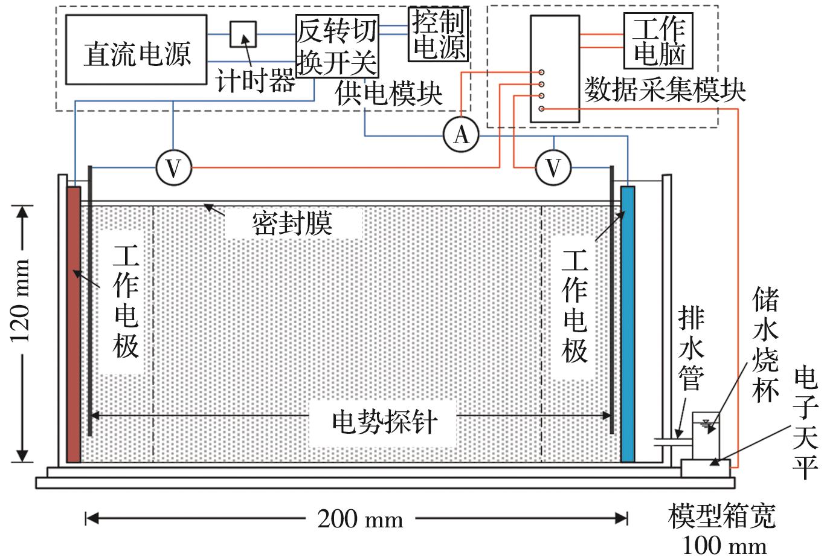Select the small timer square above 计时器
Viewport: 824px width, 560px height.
pyautogui.click(x=243, y=34)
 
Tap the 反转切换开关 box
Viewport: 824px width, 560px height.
pyautogui.click(x=337, y=47)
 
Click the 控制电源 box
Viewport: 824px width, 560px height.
pyautogui.click(x=439, y=34)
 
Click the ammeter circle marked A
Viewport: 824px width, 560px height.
pyautogui.click(x=461, y=135)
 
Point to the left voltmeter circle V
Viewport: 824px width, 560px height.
pyautogui.click(x=173, y=168)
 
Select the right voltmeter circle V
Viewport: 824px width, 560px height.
pyautogui.click(x=553, y=167)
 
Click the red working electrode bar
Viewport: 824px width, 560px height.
pyautogui.click(x=73, y=324)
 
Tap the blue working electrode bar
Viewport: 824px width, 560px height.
pyautogui.click(x=628, y=324)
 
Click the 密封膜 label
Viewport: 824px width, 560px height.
pyautogui.click(x=292, y=224)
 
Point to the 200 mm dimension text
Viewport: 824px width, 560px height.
pyautogui.click(x=360, y=518)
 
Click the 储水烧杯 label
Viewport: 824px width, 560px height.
pyautogui.click(x=765, y=344)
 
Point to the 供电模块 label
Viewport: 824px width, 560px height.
pyautogui.click(x=389, y=94)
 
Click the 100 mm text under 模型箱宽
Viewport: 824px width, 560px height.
pyautogui.click(x=724, y=546)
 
